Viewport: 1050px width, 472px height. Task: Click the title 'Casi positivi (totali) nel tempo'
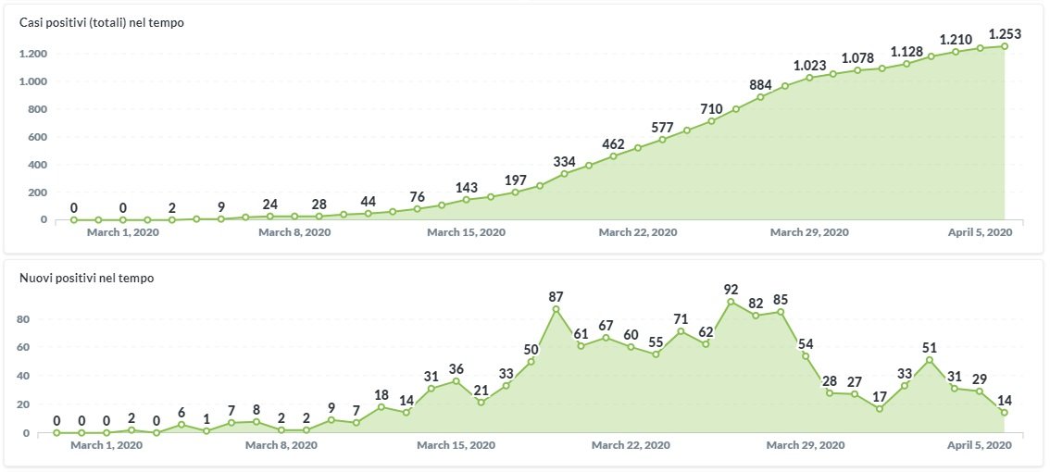tap(102, 22)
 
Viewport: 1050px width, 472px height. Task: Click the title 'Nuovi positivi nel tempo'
tap(86, 278)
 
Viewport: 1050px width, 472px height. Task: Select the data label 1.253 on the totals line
tap(1005, 33)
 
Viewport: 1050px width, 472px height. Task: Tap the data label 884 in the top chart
tap(761, 85)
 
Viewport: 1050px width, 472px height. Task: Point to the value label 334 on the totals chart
tap(565, 162)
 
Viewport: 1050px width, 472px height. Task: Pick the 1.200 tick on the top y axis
tap(33, 54)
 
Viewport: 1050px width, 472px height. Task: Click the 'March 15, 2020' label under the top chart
tap(466, 232)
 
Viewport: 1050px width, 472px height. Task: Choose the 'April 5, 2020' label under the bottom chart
tap(979, 445)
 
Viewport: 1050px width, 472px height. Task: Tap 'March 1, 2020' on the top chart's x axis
tap(123, 232)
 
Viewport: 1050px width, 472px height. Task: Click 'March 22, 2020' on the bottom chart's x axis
tap(631, 445)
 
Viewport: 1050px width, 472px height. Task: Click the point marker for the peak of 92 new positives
tap(731, 302)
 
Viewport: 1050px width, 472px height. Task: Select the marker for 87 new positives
tap(556, 309)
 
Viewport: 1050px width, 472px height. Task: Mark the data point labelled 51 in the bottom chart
tap(930, 360)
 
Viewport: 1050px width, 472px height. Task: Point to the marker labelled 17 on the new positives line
tap(880, 408)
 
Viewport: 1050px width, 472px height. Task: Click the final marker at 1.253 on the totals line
tap(1005, 46)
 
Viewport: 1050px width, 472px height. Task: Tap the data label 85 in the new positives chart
tap(781, 299)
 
